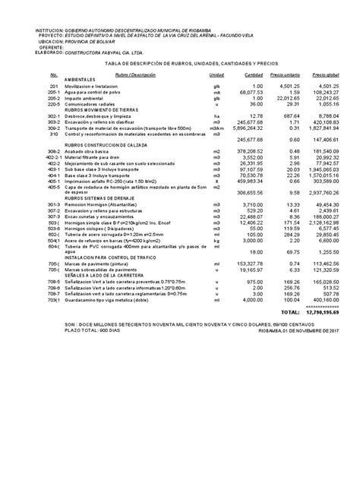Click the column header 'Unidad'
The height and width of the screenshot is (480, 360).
[216, 75]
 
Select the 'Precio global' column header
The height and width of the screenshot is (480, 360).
[330, 75]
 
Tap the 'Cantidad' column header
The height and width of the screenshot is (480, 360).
[254, 75]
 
